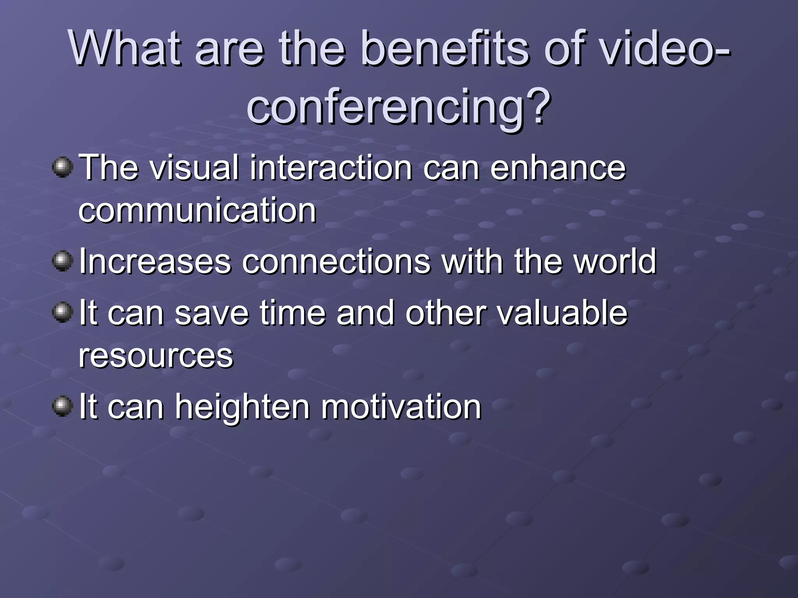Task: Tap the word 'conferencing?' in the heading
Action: tap(398, 106)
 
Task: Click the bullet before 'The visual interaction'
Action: tap(62, 167)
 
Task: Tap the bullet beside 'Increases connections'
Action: tap(62, 261)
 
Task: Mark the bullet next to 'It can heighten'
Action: tap(62, 406)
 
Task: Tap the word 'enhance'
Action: tap(558, 168)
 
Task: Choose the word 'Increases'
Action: tap(155, 262)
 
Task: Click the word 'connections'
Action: tap(336, 262)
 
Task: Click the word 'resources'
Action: tap(156, 356)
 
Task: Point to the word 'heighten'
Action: tap(242, 407)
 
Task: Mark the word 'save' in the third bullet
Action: tap(212, 313)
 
